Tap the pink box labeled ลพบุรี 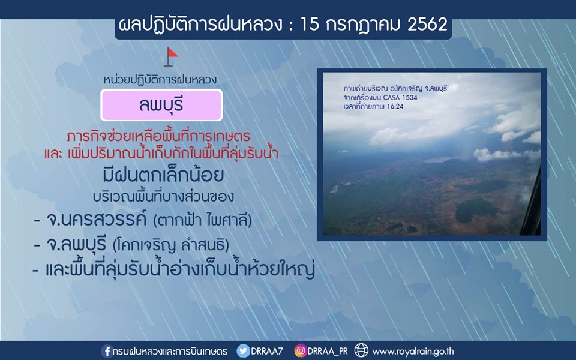click(x=161, y=105)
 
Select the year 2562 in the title click(x=427, y=25)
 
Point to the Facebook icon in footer click(x=107, y=351)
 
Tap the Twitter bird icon click(x=243, y=351)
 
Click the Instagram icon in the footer click(x=300, y=351)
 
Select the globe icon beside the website click(x=361, y=351)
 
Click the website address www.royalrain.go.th click(x=413, y=352)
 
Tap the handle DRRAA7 click(x=267, y=351)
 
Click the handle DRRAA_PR click(x=328, y=352)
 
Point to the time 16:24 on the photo click(x=395, y=107)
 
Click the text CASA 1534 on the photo click(x=400, y=98)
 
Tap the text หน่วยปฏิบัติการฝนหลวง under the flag click(x=160, y=80)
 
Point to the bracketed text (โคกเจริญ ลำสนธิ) click(x=171, y=245)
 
